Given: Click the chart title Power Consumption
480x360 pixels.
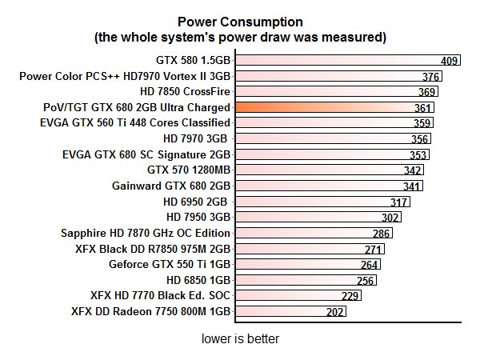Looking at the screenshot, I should [240, 22].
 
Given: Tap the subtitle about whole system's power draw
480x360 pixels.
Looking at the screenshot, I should [240, 37].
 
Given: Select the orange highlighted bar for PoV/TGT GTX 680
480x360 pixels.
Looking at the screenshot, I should [336, 107].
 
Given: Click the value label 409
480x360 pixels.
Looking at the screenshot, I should [450, 60].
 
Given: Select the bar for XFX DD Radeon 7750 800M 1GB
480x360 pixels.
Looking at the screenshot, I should [280, 312].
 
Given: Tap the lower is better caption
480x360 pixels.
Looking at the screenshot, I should [240, 339].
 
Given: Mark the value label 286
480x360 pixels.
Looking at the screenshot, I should [382, 234].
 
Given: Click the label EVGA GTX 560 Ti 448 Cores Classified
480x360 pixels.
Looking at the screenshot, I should [135, 123].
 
